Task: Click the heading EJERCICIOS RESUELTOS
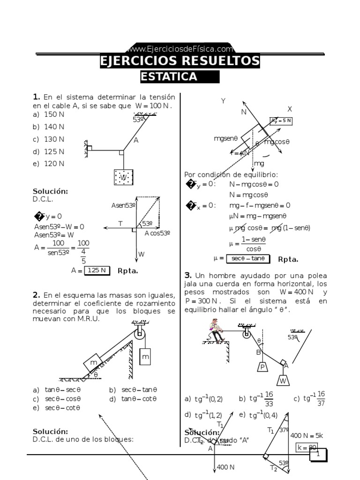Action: tap(180, 61)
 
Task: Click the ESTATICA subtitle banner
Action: tap(180, 77)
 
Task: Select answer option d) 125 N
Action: tap(49, 151)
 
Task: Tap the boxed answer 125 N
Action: tap(97, 270)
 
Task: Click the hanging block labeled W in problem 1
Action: tap(123, 178)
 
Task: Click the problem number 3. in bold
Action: tap(188, 275)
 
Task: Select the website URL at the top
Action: tap(180, 49)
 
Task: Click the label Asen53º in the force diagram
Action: tap(123, 205)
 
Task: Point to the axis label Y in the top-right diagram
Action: tap(223, 101)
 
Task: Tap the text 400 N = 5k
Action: tap(307, 435)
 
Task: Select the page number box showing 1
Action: tap(318, 454)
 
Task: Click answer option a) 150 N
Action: tap(49, 114)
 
